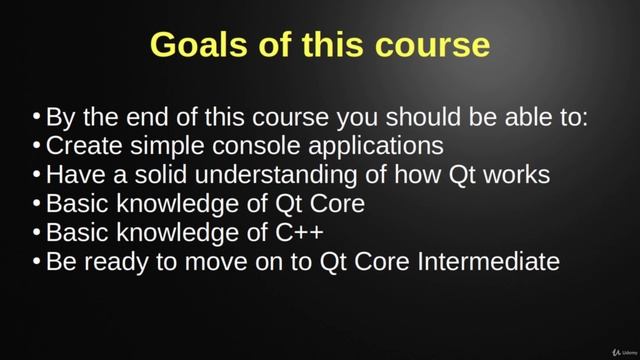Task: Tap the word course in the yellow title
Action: (x=434, y=46)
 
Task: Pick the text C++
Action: (x=297, y=233)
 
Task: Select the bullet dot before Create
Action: (x=37, y=146)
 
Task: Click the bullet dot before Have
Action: (x=37, y=175)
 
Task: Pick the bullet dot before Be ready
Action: (x=37, y=262)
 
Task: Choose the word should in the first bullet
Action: (x=410, y=117)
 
